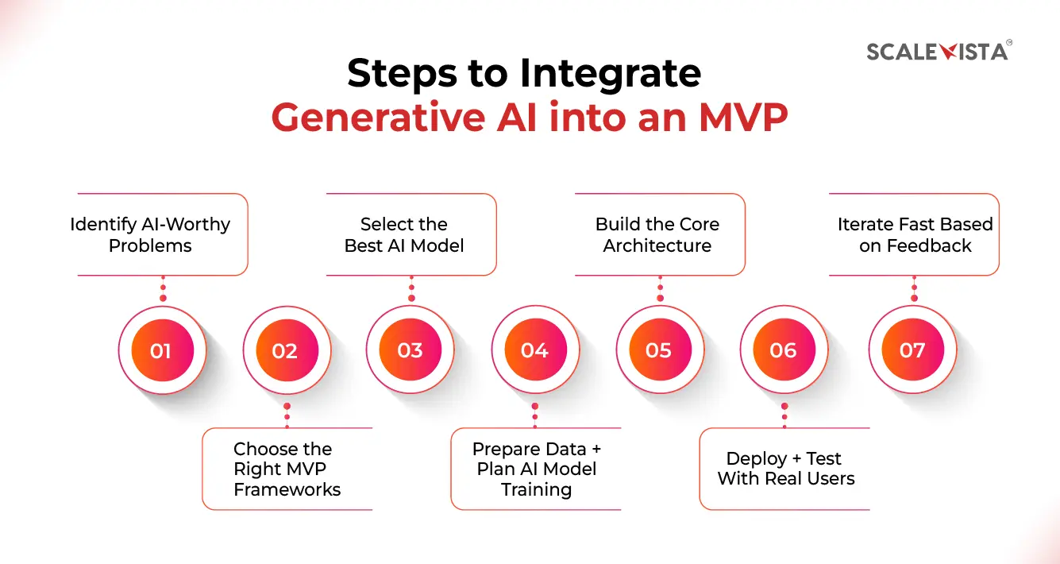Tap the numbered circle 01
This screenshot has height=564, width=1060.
pyautogui.click(x=161, y=350)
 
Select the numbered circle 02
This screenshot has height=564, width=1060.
pyautogui.click(x=285, y=350)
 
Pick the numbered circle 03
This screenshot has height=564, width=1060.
pyautogui.click(x=410, y=350)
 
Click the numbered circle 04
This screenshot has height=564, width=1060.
pyautogui.click(x=534, y=350)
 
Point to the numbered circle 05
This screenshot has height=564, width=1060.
pyautogui.click(x=658, y=350)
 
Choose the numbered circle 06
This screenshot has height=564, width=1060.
pyautogui.click(x=783, y=350)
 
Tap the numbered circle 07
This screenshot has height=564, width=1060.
pyautogui.click(x=912, y=350)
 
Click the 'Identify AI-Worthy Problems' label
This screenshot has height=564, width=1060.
pyautogui.click(x=151, y=234)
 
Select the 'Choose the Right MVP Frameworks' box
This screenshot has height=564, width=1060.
pyautogui.click(x=287, y=469)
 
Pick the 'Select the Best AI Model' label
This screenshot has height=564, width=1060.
pyautogui.click(x=404, y=234)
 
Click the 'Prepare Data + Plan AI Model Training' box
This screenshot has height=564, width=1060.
pyautogui.click(x=536, y=469)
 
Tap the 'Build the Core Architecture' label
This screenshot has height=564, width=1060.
pyautogui.click(x=657, y=234)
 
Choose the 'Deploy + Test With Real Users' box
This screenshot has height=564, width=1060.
pyautogui.click(x=785, y=469)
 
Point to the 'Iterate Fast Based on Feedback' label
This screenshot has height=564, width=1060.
pyautogui.click(x=915, y=234)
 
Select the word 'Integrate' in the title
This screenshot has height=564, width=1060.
pyautogui.click(x=611, y=74)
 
